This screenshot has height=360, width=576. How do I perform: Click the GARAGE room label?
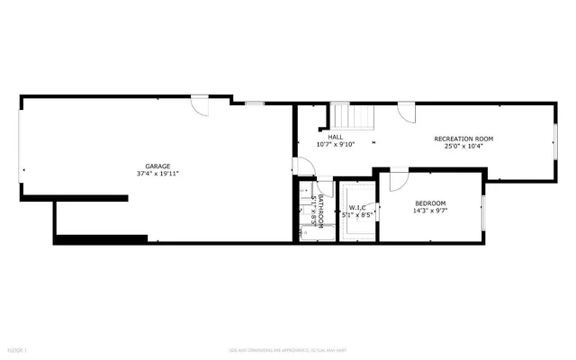158,166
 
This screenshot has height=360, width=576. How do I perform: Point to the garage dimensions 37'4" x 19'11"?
158,175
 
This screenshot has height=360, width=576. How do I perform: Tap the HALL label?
335,137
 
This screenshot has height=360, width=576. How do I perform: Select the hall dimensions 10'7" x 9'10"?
335,145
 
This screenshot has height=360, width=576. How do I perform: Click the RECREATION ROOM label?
463,139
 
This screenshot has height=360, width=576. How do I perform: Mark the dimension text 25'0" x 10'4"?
463,146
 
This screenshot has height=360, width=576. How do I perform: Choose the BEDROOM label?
429,203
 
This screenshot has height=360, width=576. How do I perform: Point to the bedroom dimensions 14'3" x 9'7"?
429,211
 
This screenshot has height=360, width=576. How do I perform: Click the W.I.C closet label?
356,208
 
